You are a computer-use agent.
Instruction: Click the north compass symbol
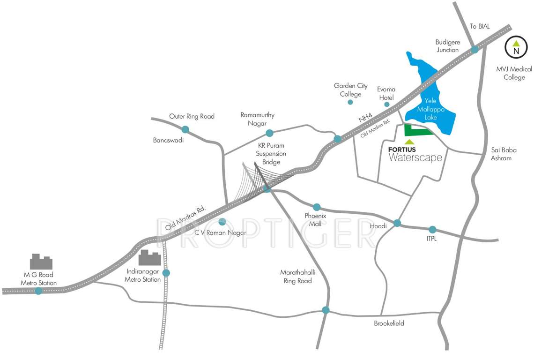click(516, 47)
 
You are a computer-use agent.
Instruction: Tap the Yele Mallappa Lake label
click(430, 109)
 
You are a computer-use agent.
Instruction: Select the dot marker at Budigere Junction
click(475, 49)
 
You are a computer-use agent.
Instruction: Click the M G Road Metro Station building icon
click(41, 262)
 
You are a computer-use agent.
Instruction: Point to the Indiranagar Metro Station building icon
click(150, 258)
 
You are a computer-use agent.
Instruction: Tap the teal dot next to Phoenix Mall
click(317, 207)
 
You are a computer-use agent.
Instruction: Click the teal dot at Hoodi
click(397, 223)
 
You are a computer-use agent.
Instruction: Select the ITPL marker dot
click(432, 230)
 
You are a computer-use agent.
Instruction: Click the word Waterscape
click(415, 158)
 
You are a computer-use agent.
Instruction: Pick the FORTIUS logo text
click(402, 150)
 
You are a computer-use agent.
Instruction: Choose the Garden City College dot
click(350, 102)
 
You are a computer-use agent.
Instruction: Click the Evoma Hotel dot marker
click(387, 104)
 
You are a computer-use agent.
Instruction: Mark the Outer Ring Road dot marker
click(185, 129)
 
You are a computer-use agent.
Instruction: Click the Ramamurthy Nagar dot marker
click(269, 133)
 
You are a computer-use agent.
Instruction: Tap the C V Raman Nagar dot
click(222, 222)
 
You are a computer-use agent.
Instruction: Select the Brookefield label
click(389, 323)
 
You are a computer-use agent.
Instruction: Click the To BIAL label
click(480, 27)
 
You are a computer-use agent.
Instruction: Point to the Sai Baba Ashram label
click(501, 154)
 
